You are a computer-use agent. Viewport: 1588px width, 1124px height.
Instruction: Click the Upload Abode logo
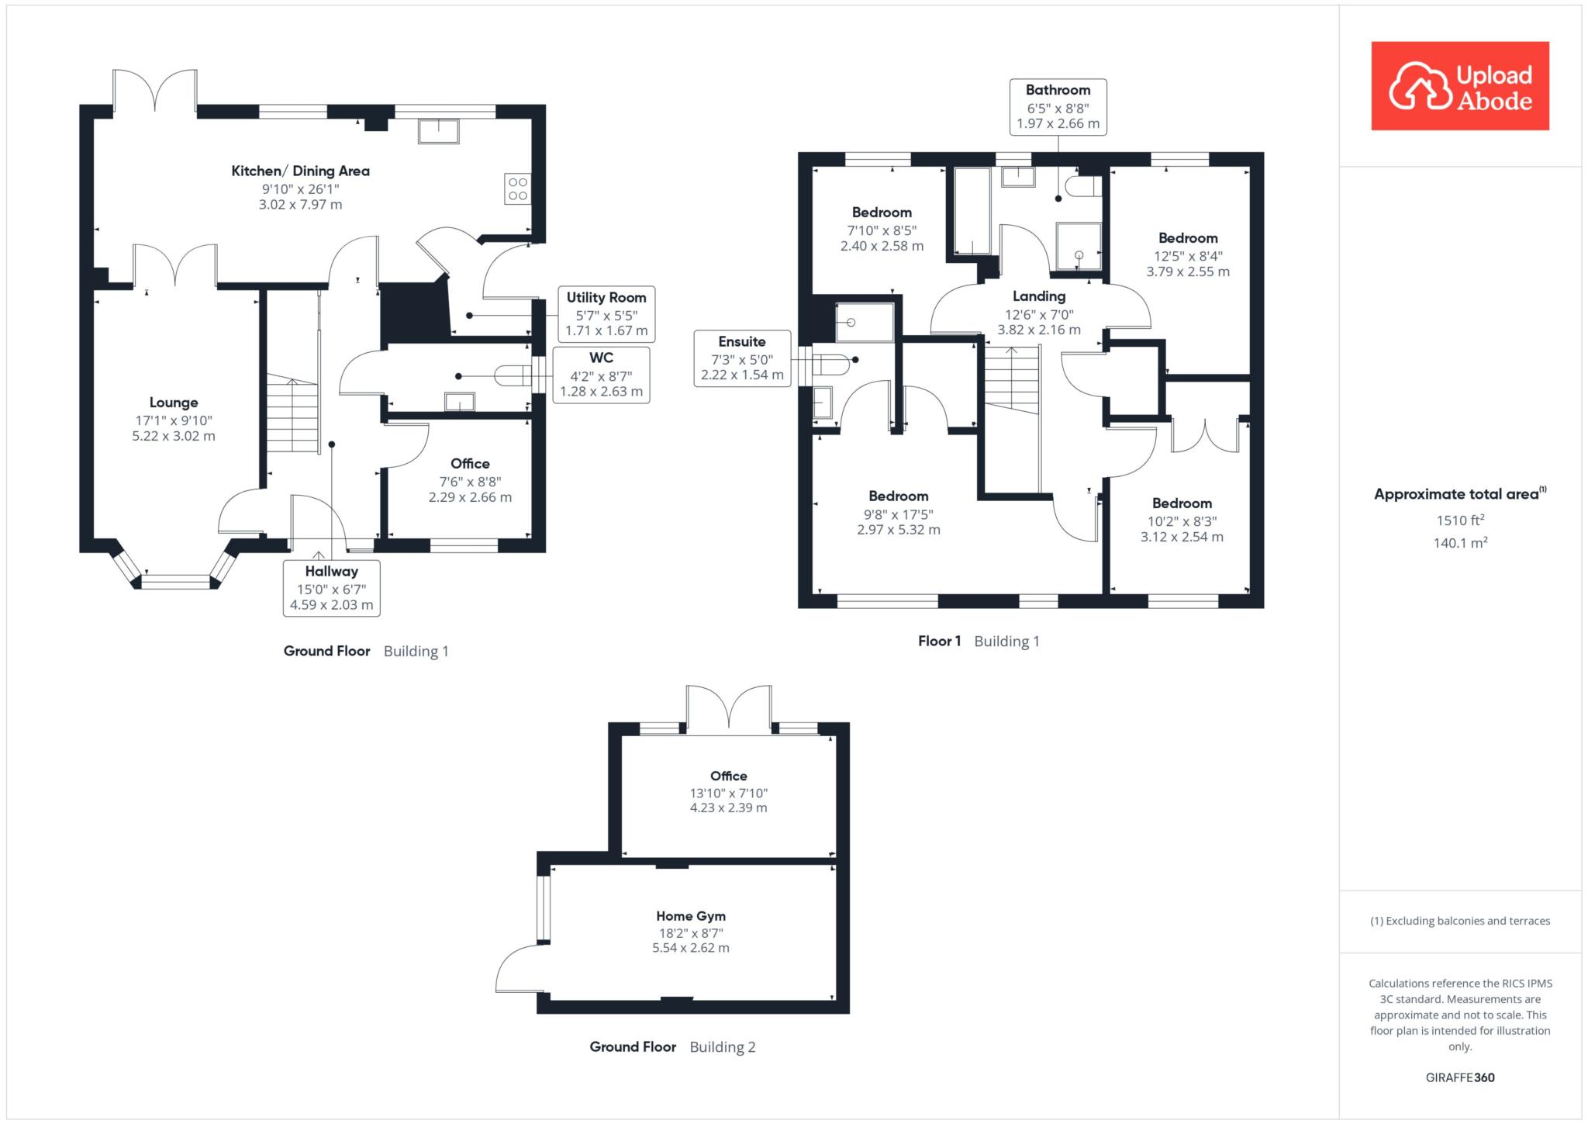click(1460, 86)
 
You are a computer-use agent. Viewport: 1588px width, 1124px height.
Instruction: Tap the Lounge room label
click(174, 403)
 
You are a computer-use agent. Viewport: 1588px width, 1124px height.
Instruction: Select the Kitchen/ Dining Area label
click(301, 171)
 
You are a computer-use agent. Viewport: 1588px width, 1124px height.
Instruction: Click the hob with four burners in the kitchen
click(517, 188)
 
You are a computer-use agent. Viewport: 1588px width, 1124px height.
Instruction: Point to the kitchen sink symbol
click(438, 131)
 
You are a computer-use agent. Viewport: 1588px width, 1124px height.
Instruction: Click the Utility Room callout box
click(606, 313)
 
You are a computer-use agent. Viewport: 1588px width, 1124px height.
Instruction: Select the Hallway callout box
click(332, 588)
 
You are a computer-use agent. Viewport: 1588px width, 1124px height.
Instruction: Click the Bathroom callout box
click(1058, 107)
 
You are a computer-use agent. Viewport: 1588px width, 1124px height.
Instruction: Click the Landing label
click(1039, 296)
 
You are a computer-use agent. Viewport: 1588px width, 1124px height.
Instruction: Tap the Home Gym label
click(691, 916)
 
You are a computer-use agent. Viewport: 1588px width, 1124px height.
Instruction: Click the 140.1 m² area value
click(1460, 543)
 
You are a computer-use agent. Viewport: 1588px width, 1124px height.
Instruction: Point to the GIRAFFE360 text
click(1460, 1077)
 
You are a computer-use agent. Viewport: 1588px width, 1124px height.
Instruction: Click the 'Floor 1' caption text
click(940, 642)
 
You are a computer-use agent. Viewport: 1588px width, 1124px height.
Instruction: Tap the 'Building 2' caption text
click(723, 1047)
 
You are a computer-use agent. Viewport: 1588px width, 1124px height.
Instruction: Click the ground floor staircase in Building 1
click(293, 413)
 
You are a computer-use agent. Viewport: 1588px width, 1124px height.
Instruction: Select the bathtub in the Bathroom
click(972, 211)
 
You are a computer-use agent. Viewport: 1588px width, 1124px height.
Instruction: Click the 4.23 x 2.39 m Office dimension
click(729, 808)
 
